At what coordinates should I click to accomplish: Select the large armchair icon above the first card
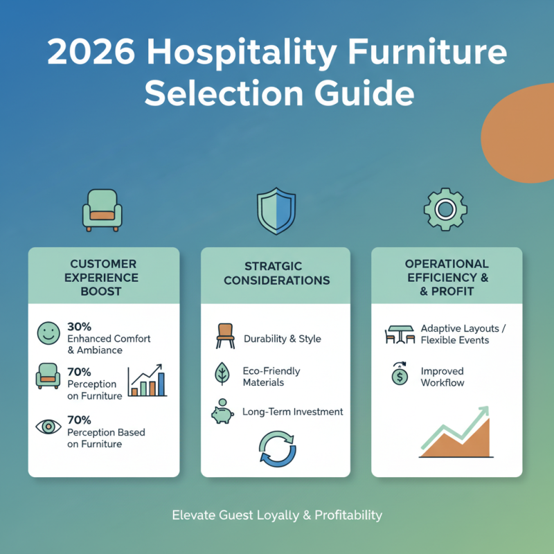tap(102, 208)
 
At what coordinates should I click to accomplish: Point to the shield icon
tap(276, 211)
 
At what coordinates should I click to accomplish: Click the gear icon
tap(445, 208)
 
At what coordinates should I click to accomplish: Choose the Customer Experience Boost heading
tap(104, 278)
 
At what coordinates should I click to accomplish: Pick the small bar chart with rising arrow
tap(148, 380)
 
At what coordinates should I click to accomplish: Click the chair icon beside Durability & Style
tap(225, 338)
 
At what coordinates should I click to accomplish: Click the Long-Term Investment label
tap(292, 412)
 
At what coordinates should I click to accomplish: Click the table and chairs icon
tap(400, 334)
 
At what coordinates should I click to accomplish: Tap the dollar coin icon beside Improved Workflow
tap(400, 375)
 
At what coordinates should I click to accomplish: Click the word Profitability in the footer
tap(348, 515)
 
